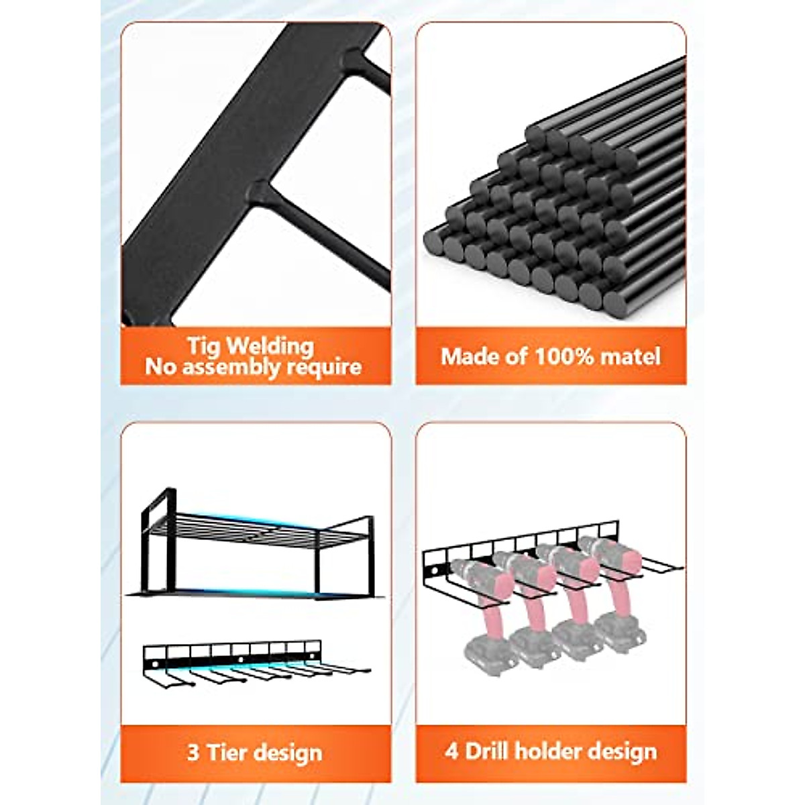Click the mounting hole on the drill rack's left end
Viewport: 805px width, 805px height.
tap(434, 572)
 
